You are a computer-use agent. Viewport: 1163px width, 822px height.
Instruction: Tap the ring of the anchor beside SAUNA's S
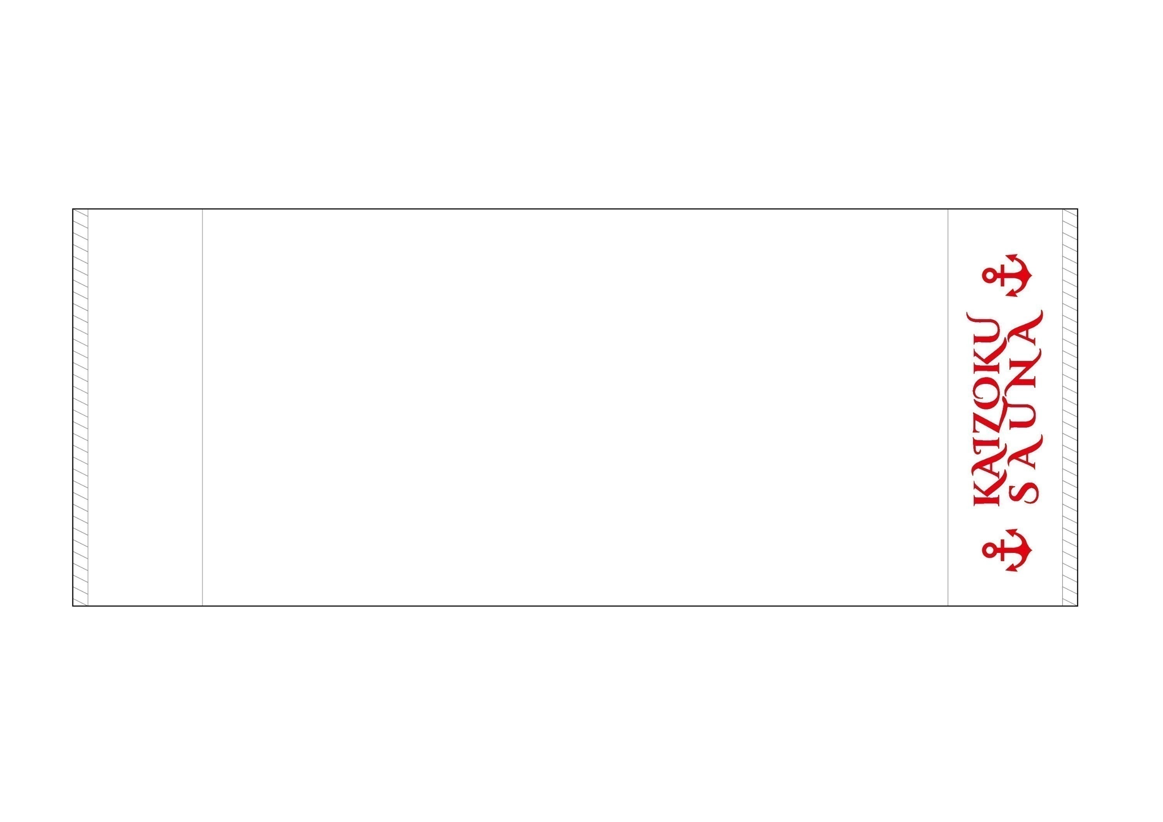(x=988, y=550)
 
